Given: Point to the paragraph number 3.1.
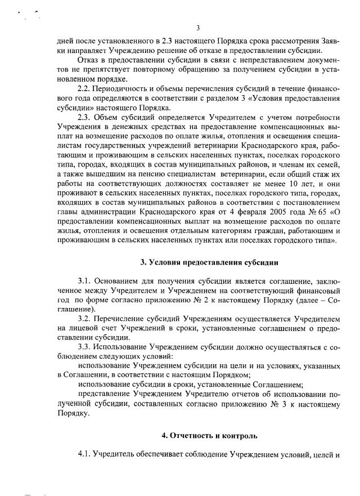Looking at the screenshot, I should [x=84, y=280].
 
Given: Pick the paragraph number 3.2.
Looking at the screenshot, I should [x=84, y=319].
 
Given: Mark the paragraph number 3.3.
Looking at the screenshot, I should [x=84, y=347].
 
